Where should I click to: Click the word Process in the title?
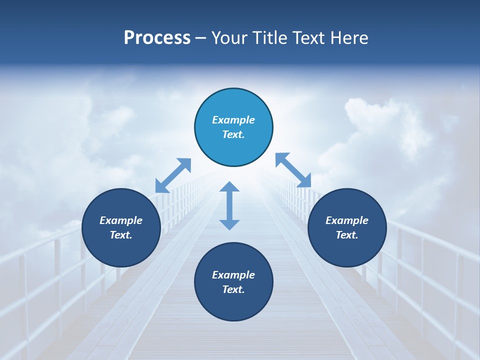(157, 38)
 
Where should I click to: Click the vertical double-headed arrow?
(229, 205)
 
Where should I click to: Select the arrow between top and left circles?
(173, 175)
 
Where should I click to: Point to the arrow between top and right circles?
(293, 170)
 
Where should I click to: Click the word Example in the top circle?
(233, 120)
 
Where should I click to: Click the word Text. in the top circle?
(233, 134)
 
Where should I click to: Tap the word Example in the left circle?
(121, 220)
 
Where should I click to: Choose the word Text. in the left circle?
(121, 235)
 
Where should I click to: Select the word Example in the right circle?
(347, 220)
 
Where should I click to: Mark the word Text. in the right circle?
(347, 235)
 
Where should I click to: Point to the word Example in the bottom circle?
(233, 275)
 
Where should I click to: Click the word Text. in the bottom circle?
(233, 289)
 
